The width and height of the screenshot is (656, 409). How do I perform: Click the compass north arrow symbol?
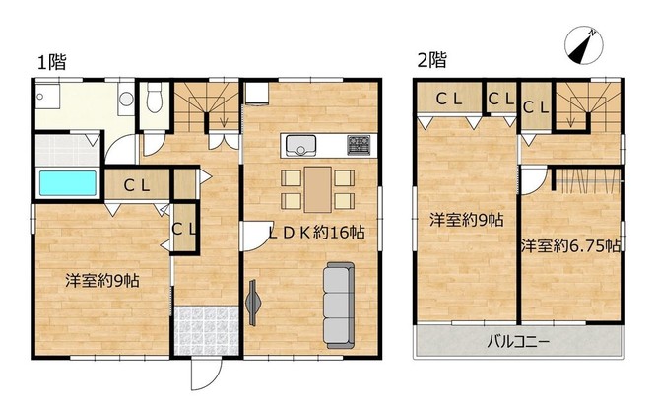click(584, 45)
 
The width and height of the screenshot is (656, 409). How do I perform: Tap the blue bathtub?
click(68, 183)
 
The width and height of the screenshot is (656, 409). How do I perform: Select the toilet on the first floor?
click(155, 98)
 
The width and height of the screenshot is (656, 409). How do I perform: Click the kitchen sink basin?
click(300, 145)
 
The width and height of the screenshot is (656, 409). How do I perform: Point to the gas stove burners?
click(359, 145)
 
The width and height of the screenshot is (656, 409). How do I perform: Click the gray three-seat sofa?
click(339, 306)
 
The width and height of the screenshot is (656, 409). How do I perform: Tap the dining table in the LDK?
click(318, 189)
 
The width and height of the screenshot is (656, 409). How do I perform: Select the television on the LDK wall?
click(253, 303)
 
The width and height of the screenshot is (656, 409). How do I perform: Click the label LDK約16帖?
click(316, 233)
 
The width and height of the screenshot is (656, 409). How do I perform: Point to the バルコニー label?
click(518, 342)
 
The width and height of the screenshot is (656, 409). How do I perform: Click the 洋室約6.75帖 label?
click(570, 246)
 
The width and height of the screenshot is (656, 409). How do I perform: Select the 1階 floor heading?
click(52, 62)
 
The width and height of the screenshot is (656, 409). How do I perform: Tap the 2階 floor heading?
click(432, 60)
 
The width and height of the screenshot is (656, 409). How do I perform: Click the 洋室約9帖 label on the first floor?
click(102, 281)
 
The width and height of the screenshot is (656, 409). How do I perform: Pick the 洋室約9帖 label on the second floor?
click(467, 220)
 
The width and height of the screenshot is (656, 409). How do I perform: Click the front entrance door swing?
click(206, 375)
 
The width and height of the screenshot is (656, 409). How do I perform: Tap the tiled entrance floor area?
click(206, 331)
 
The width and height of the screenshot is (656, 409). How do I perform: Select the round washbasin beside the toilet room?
click(126, 99)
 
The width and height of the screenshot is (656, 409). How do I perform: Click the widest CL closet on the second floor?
click(449, 99)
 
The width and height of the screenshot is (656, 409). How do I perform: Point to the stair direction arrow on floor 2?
click(570, 119)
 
